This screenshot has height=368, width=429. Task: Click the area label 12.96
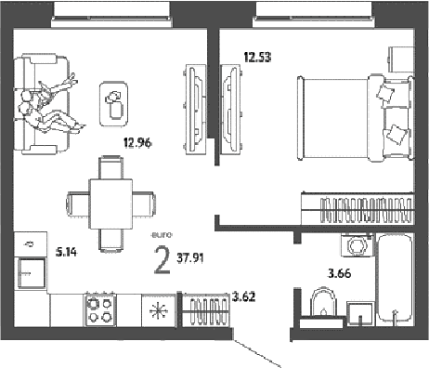click(x=137, y=143)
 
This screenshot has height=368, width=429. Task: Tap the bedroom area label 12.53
click(x=257, y=58)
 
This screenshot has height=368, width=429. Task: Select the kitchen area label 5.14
click(x=66, y=253)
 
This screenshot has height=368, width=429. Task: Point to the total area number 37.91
click(x=190, y=257)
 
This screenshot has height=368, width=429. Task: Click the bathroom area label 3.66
click(x=340, y=273)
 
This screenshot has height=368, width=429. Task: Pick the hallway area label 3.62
click(x=244, y=296)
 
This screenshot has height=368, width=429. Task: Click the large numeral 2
click(x=162, y=260)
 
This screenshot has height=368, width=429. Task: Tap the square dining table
click(x=110, y=204)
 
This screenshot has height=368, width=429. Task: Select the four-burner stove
click(x=99, y=309)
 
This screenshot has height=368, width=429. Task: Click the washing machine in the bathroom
click(x=357, y=245)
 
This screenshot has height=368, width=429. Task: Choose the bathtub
click(x=395, y=279)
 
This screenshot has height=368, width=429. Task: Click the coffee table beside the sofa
click(x=113, y=104)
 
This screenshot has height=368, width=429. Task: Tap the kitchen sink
click(x=32, y=273)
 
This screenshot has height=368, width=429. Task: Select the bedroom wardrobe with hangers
click(x=357, y=208)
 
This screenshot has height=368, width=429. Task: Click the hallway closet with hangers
click(x=206, y=309)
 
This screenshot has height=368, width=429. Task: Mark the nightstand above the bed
click(x=401, y=59)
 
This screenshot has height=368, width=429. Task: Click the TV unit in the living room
click(x=196, y=110)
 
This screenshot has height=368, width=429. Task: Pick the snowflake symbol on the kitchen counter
click(x=159, y=310)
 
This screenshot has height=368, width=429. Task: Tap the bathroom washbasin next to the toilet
click(x=359, y=313)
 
